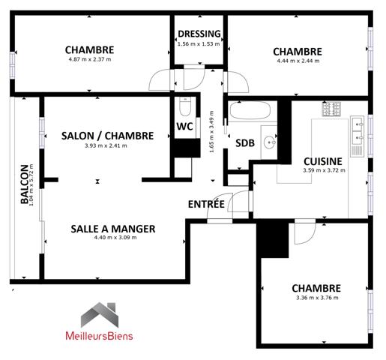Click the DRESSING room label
tap(199, 34)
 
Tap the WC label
tap(185, 126)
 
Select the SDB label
tap(244, 143)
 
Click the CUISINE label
tap(323, 160)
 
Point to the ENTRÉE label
tap(206, 203)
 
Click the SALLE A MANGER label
tap(113, 229)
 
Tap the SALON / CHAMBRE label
tap(107, 136)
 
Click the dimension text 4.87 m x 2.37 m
tap(89, 59)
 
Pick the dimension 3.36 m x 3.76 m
tap(316, 298)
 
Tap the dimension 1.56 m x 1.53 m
tap(199, 43)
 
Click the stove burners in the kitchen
tap(332, 109)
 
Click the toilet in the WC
tap(186, 105)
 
